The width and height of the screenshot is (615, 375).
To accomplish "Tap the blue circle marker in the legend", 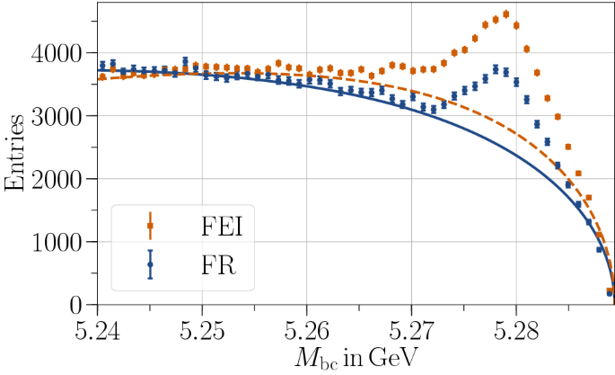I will (x=150, y=264).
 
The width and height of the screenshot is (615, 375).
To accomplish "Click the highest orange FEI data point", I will (x=505, y=13).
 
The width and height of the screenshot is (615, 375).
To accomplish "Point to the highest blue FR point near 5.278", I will (x=496, y=68).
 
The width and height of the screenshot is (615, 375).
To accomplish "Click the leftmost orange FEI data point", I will (x=102, y=77).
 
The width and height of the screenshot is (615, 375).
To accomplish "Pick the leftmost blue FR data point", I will (x=102, y=65).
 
